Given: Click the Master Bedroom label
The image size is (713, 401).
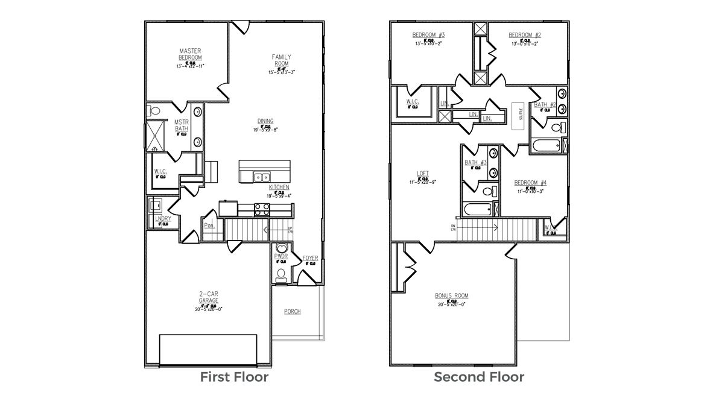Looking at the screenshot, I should (190, 54).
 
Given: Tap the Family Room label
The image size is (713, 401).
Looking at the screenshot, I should (281, 60).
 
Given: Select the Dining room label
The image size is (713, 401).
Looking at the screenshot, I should (266, 121).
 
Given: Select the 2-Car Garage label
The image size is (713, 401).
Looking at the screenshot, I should (209, 297).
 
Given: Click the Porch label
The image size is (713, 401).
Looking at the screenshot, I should (293, 312).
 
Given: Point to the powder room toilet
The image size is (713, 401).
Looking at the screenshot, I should (280, 274).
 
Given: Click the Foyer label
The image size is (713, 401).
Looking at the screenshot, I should (310, 258).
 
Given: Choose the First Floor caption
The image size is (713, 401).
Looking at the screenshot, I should (234, 377).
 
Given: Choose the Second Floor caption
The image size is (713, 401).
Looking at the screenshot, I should (479, 377).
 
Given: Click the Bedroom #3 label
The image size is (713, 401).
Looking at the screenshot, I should (428, 34).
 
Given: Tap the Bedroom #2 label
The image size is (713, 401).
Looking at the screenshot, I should (524, 34).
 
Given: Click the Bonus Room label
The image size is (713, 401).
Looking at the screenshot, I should (452, 296).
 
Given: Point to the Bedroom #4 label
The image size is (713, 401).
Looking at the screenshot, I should (530, 183).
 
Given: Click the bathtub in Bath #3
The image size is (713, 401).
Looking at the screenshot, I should (478, 210).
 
